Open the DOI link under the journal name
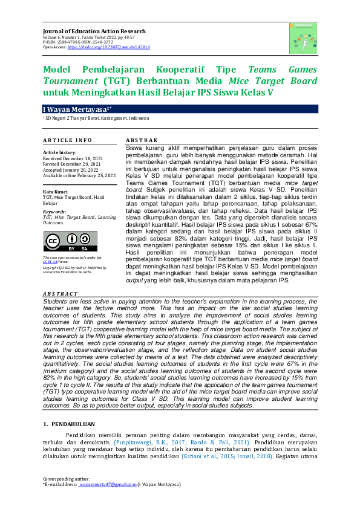coord(108,47)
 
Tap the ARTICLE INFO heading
coord(67,140)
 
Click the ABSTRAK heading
coord(142,140)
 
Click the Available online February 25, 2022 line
coord(79,175)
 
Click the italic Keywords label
coord(55,212)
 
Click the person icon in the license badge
coord(70,238)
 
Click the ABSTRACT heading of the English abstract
coord(60,294)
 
